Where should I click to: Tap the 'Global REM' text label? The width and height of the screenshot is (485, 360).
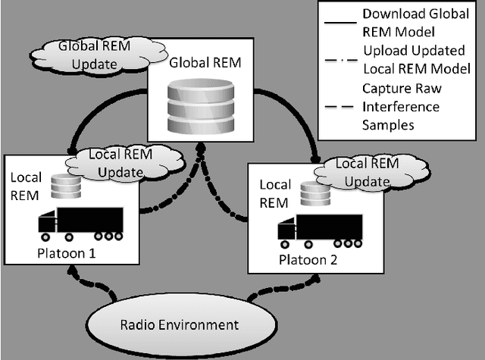click(200, 61)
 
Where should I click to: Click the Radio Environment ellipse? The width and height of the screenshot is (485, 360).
click(180, 325)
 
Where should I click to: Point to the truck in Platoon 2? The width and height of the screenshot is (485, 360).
click(320, 230)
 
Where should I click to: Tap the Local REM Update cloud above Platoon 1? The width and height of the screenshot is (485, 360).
click(121, 163)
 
